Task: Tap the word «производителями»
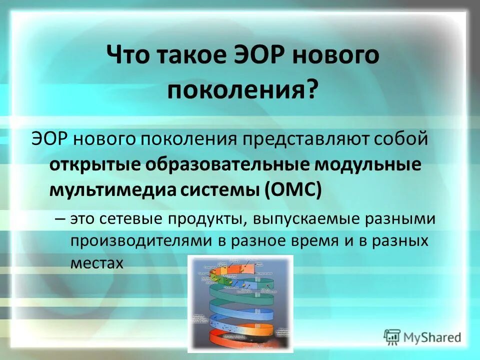click(140, 241)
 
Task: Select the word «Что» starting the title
click(128, 56)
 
